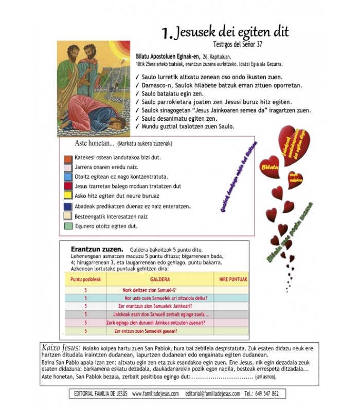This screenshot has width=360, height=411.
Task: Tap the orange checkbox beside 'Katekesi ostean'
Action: pos(67,158)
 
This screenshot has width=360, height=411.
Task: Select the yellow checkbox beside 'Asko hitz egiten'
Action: pos(67,195)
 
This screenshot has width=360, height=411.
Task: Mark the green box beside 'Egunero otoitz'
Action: pos(67,226)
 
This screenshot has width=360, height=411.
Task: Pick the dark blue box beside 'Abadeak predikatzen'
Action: pos(67,206)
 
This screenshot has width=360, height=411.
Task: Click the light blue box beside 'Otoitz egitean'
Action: pos(67,176)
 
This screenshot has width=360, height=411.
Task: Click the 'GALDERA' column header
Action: pos(160,278)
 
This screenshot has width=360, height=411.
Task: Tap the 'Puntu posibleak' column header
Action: pos(85,278)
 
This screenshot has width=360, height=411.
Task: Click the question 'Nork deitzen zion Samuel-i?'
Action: pos(149,290)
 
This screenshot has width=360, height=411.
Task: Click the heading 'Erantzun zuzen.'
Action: pos(96,249)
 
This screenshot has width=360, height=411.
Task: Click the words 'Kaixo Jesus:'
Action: pos(60,348)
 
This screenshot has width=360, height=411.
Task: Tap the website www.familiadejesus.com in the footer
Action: pos(155,394)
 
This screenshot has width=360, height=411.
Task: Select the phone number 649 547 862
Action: pos(268,394)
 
